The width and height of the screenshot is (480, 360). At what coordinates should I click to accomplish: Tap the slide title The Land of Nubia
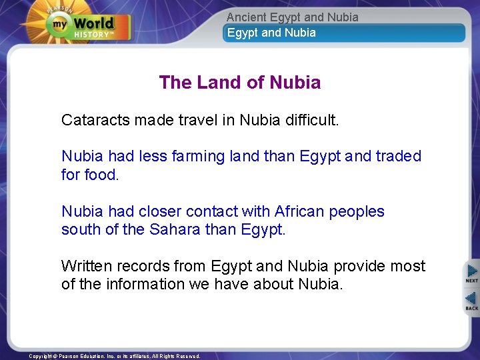240,83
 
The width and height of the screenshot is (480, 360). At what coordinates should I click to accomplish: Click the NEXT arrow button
471,273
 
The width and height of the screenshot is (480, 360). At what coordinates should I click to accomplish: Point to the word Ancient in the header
247,17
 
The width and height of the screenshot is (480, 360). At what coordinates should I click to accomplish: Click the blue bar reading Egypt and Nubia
343,33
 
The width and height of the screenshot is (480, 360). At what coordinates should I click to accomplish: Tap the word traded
399,156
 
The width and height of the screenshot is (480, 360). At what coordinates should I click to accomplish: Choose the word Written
87,266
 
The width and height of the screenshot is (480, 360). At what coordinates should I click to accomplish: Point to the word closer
160,211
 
